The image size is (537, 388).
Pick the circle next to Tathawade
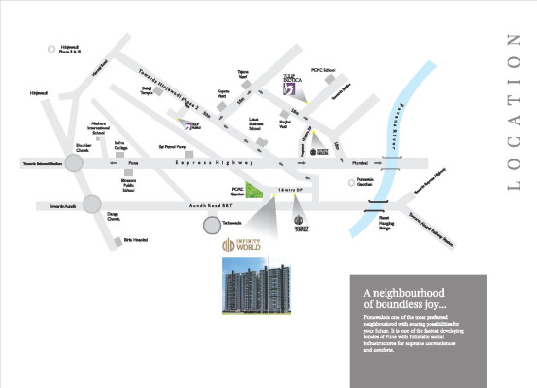click(x=213, y=226)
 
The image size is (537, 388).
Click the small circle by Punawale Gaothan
click(x=350, y=182)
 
